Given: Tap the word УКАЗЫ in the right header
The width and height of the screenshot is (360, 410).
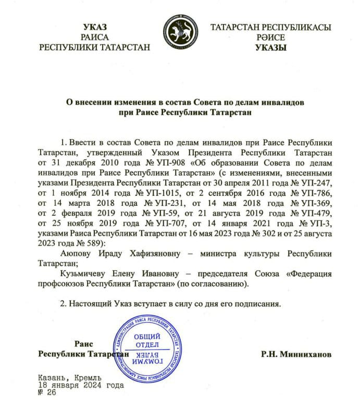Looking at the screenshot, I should click(271, 47).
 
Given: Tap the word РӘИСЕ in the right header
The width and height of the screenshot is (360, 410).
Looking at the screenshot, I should click(270, 37).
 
